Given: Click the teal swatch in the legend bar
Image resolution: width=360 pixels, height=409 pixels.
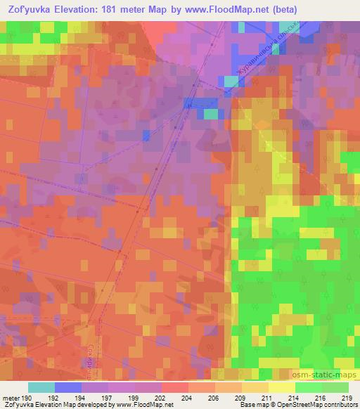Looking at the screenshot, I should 41,387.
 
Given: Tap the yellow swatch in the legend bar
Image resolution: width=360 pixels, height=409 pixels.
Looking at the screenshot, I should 282,387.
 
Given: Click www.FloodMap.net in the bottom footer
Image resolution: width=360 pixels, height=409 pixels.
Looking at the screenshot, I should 147,405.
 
